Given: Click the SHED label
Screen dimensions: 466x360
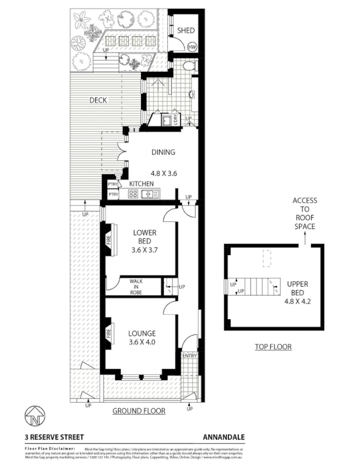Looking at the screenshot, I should click(x=186, y=31).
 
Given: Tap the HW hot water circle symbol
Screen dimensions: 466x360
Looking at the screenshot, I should click(x=192, y=47).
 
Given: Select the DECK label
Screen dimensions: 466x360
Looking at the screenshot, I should click(x=98, y=100).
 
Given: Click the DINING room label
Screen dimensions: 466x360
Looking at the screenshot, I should click(x=163, y=153).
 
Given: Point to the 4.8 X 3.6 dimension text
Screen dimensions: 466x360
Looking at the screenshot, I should click(x=163, y=173).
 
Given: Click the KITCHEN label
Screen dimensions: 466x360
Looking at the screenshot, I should click(x=142, y=184).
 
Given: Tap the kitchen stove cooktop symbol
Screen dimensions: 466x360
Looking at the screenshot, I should click(x=132, y=195).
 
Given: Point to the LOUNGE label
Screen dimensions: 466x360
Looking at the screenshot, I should click(x=142, y=333).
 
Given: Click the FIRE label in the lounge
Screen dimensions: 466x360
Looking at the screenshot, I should click(x=108, y=334).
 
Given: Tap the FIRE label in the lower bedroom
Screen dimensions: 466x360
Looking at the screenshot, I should click(x=108, y=239).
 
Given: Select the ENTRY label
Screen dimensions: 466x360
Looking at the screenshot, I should click(x=189, y=356).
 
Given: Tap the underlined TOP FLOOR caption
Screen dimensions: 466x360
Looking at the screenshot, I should click(x=273, y=347).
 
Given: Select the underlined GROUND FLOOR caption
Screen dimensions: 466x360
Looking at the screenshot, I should click(x=139, y=411).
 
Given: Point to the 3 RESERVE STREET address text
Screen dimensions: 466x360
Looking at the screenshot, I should click(x=54, y=436).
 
